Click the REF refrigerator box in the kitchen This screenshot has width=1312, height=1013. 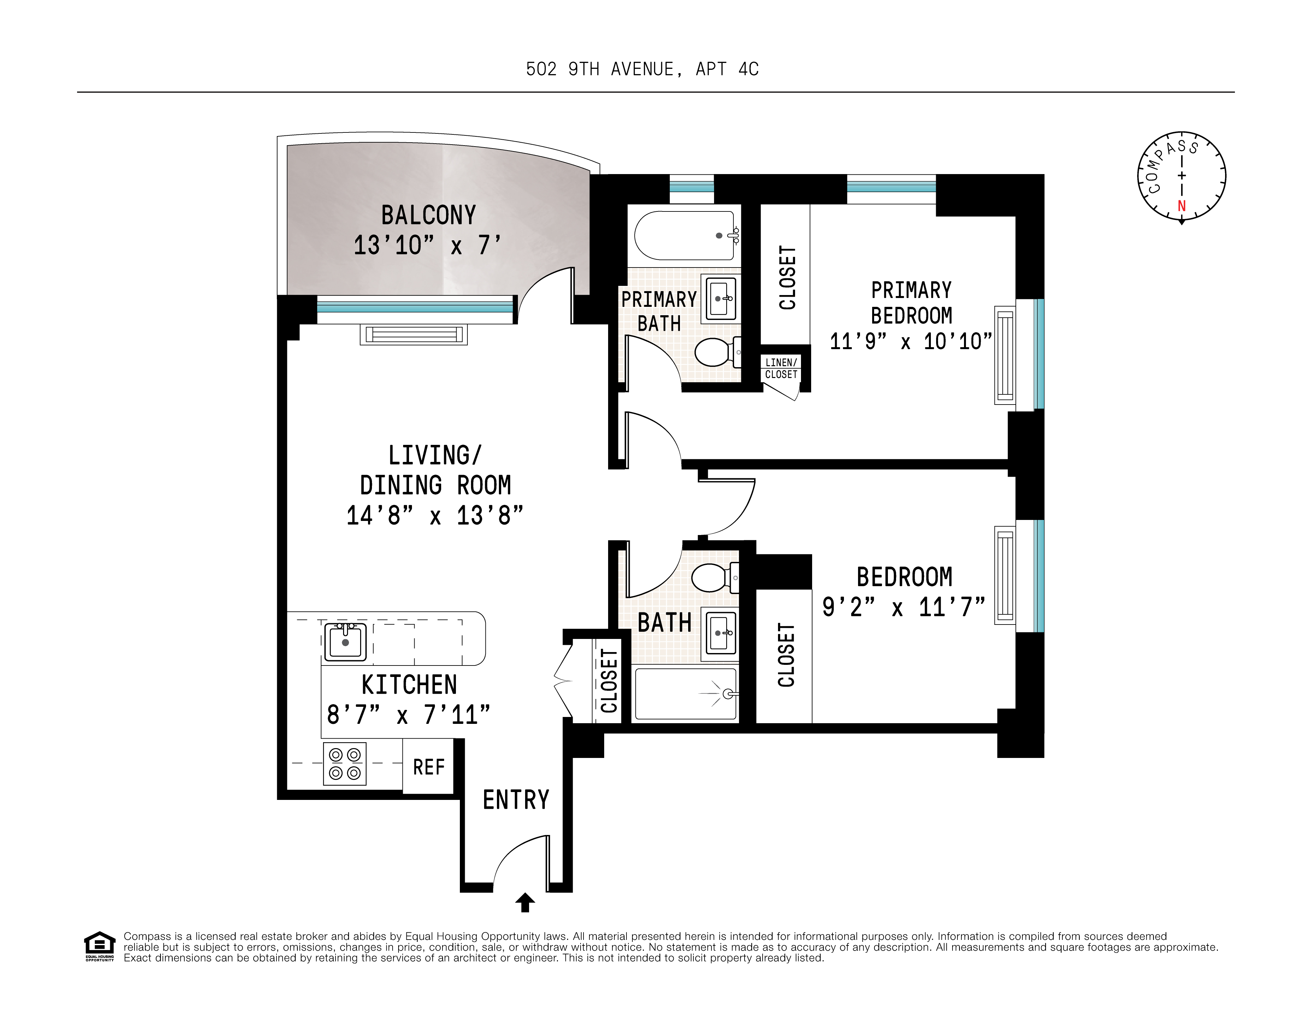coord(428,767)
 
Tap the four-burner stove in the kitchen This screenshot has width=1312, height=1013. coord(345,764)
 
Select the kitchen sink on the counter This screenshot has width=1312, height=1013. coord(345,642)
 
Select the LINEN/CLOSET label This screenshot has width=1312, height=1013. coord(781,368)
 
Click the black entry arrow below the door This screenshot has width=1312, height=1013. coord(525,902)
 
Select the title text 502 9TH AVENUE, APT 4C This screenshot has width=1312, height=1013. coord(642,70)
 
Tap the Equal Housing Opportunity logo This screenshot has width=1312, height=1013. coord(99,946)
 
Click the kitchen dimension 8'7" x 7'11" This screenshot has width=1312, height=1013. coord(408,715)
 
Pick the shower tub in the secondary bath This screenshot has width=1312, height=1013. coord(685,694)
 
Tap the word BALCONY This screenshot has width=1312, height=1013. coord(428,215)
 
